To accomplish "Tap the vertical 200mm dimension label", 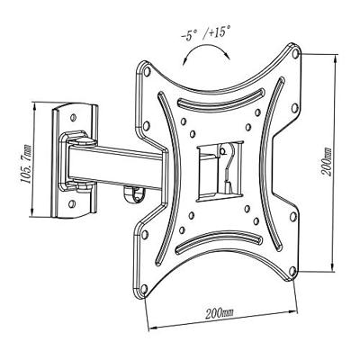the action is (326, 161).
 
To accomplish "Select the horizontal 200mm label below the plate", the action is (220, 313).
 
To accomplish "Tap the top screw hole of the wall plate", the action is (73, 117).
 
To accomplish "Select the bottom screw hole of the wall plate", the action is (71, 204).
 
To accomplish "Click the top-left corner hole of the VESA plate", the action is (147, 71).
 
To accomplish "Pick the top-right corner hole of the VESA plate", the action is (295, 54).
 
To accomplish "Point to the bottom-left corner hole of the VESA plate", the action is (144, 289).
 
